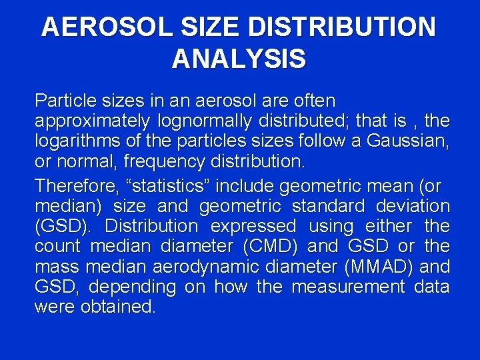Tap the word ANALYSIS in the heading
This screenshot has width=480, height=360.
[239, 59]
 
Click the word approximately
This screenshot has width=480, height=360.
[92, 121]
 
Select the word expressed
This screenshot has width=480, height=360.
[253, 226]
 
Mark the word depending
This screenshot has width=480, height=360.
[132, 287]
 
